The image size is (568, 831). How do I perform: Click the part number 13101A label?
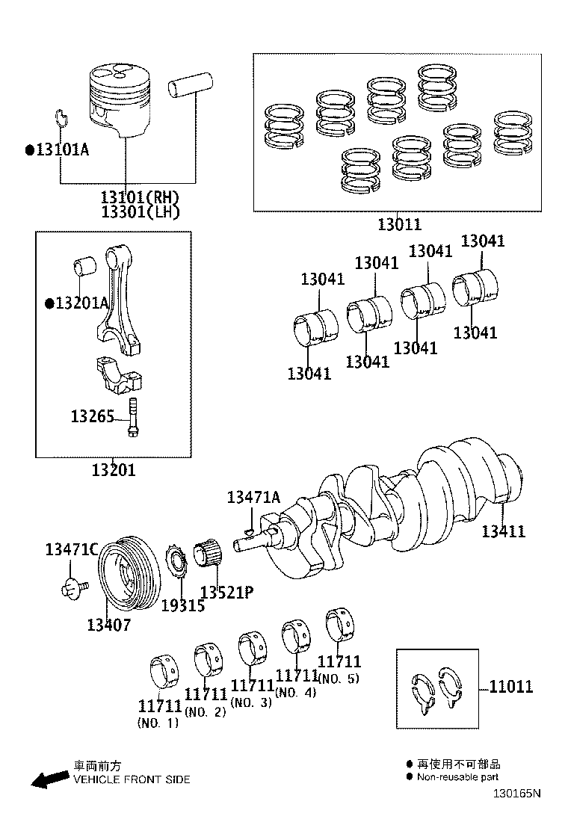62,149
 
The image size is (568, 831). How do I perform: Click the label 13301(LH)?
141,212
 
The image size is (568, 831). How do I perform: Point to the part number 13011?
399,224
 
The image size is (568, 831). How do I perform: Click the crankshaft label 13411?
503,531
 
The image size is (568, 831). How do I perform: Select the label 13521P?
226,593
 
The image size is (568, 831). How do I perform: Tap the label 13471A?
253,497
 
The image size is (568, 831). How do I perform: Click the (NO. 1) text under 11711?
158,723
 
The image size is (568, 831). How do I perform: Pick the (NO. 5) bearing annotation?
339,679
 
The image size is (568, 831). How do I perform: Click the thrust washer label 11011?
511,687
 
